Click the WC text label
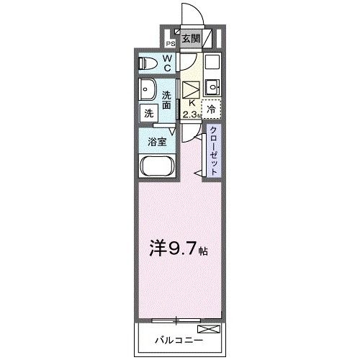166,63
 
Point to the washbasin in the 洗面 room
148,92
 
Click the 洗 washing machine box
148,114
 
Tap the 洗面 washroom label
167,100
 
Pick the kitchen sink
212,89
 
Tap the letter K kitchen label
190,103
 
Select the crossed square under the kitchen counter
190,89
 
